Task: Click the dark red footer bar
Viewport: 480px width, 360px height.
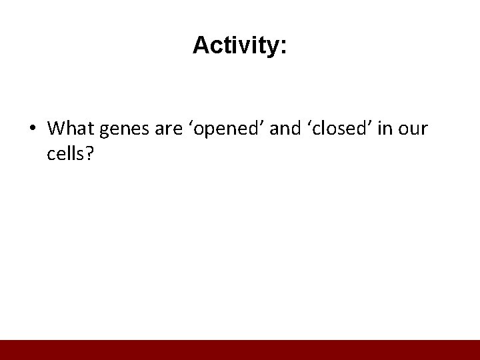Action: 240,350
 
